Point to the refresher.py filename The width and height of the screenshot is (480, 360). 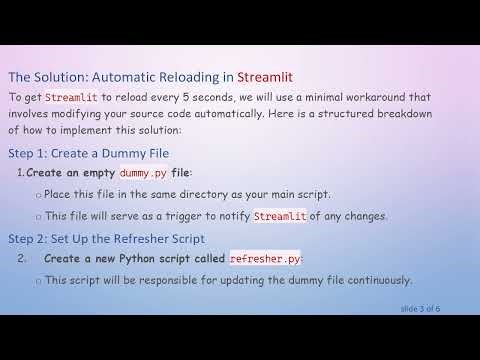[x=265, y=258]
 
